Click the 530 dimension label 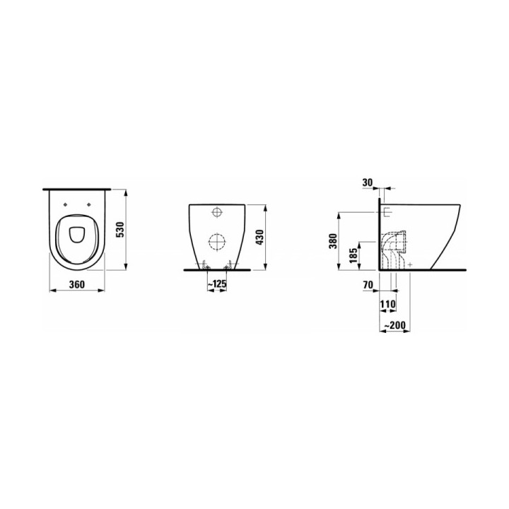point(120,230)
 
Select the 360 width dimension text point(76,284)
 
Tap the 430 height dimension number point(260,237)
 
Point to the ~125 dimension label point(216,284)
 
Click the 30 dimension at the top point(368,182)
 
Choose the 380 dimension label point(333,240)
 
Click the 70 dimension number point(368,285)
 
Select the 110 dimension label point(388,304)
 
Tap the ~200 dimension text point(394,325)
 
